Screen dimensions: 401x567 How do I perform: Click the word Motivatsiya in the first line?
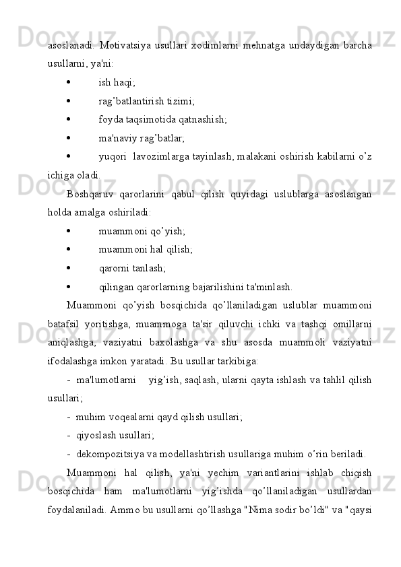pyautogui.click(x=126, y=45)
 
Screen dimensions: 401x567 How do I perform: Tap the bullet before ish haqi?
pyautogui.click(x=70, y=82)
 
